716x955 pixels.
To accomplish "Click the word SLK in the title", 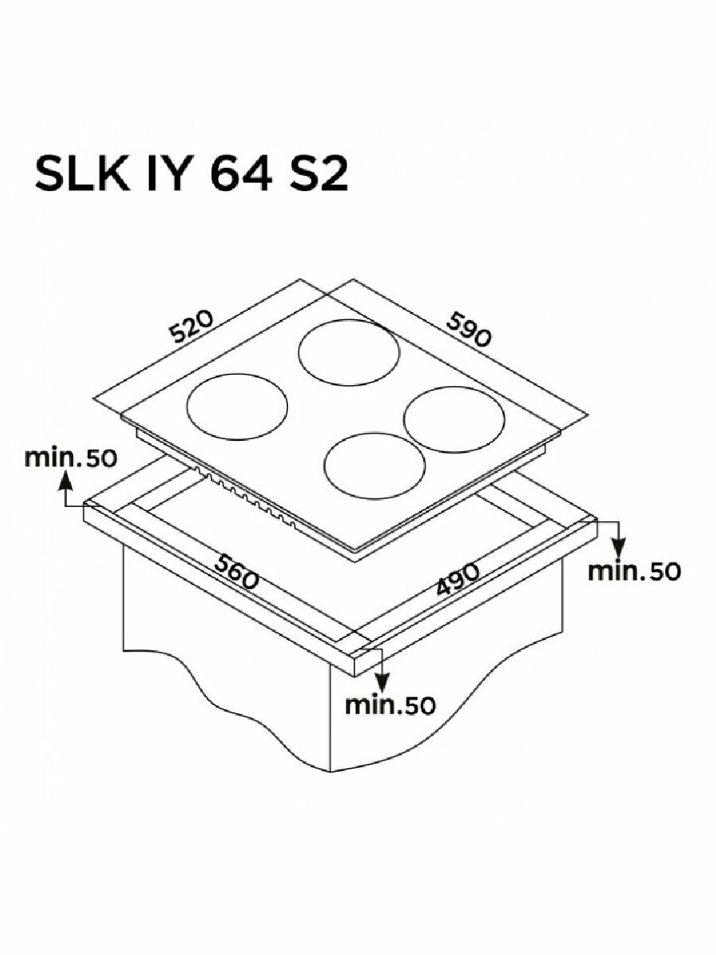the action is point(83,175).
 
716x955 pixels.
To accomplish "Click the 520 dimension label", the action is point(191,326).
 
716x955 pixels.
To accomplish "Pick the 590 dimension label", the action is point(469,329).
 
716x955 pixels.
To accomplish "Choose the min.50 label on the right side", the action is point(634,571).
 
